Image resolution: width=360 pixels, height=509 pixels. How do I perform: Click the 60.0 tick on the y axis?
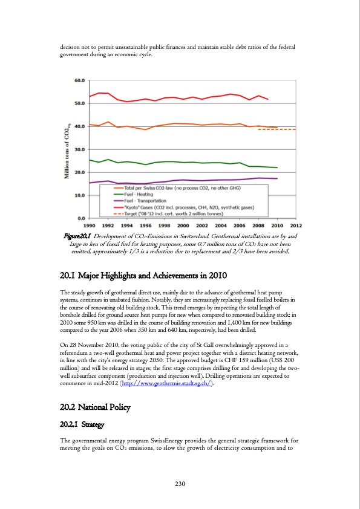pos(79,80)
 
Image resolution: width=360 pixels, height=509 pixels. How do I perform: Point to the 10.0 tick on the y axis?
pos(79,195)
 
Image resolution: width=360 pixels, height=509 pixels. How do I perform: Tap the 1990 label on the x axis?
pos(90,224)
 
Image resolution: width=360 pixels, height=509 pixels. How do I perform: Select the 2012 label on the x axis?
pos(296,224)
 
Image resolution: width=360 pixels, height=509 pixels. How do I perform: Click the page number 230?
pos(180,483)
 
